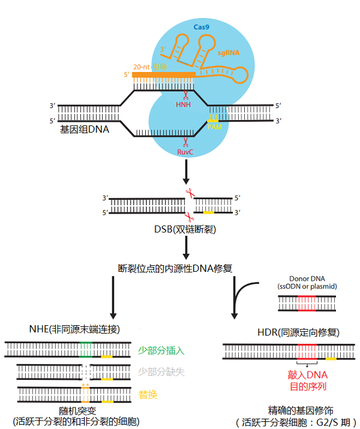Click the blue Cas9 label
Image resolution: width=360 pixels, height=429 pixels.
tap(200, 27)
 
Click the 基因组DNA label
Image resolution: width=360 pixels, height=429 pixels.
tap(85, 128)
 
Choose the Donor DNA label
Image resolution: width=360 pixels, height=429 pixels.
tap(307, 279)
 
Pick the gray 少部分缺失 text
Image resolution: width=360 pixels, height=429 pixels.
tap(161, 372)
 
